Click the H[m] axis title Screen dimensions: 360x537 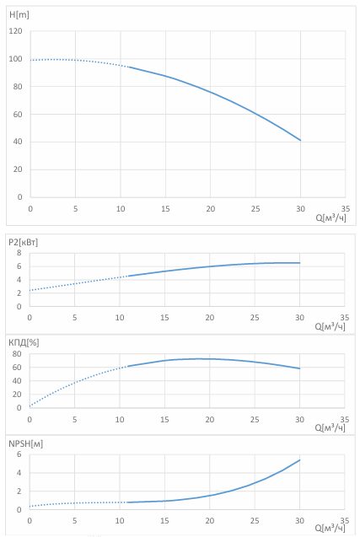19,14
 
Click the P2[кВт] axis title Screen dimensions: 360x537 23,242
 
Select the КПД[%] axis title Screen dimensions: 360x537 24,342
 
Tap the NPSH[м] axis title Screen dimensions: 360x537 25,443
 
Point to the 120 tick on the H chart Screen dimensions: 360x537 15,31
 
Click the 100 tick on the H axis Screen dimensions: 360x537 15,59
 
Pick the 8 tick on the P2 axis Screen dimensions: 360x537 19,253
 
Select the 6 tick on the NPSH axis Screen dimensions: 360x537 19,454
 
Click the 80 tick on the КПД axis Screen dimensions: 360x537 17,354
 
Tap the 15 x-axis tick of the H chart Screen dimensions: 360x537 165,208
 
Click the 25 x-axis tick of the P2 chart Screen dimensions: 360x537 255,318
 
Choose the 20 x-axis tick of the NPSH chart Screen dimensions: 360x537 210,521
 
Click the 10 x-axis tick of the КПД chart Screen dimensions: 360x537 120,420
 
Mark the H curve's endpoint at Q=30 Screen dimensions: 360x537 300,140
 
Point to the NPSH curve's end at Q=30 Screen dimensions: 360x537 299,460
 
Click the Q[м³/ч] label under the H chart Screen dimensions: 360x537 330,217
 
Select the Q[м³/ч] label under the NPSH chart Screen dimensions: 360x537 330,528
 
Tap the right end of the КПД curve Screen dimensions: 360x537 299,368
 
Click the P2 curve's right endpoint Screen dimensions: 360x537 299,263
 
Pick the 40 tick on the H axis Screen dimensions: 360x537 18,142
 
